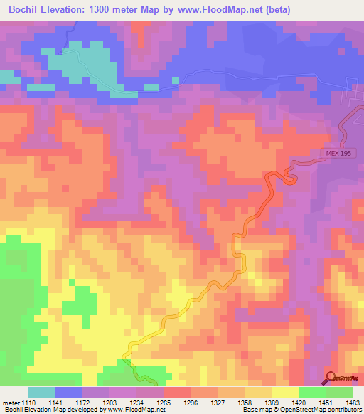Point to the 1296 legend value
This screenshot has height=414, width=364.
[188, 403]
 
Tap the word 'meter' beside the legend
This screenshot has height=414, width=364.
[9, 403]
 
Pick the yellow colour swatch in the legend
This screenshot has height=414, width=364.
[284, 392]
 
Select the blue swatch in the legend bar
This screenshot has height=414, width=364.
[68, 392]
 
